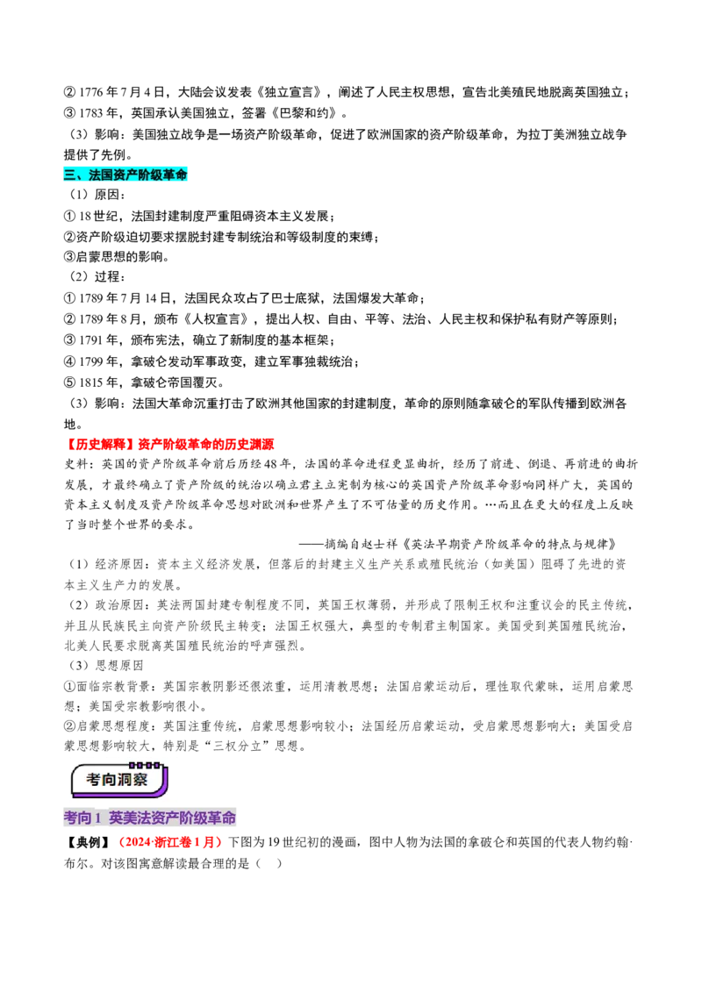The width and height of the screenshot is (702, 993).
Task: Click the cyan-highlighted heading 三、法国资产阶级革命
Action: (125, 175)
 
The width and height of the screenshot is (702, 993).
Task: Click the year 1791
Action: (90, 340)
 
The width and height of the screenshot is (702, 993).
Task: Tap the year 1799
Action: (90, 361)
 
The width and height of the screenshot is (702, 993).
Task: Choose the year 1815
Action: (90, 382)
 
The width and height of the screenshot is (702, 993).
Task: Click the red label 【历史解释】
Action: (100, 445)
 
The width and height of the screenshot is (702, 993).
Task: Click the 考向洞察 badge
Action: (118, 780)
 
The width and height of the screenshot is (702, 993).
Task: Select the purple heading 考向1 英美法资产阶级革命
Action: (150, 818)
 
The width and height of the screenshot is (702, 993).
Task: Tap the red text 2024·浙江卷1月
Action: (170, 841)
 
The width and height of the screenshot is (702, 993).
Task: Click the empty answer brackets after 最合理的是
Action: (269, 863)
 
